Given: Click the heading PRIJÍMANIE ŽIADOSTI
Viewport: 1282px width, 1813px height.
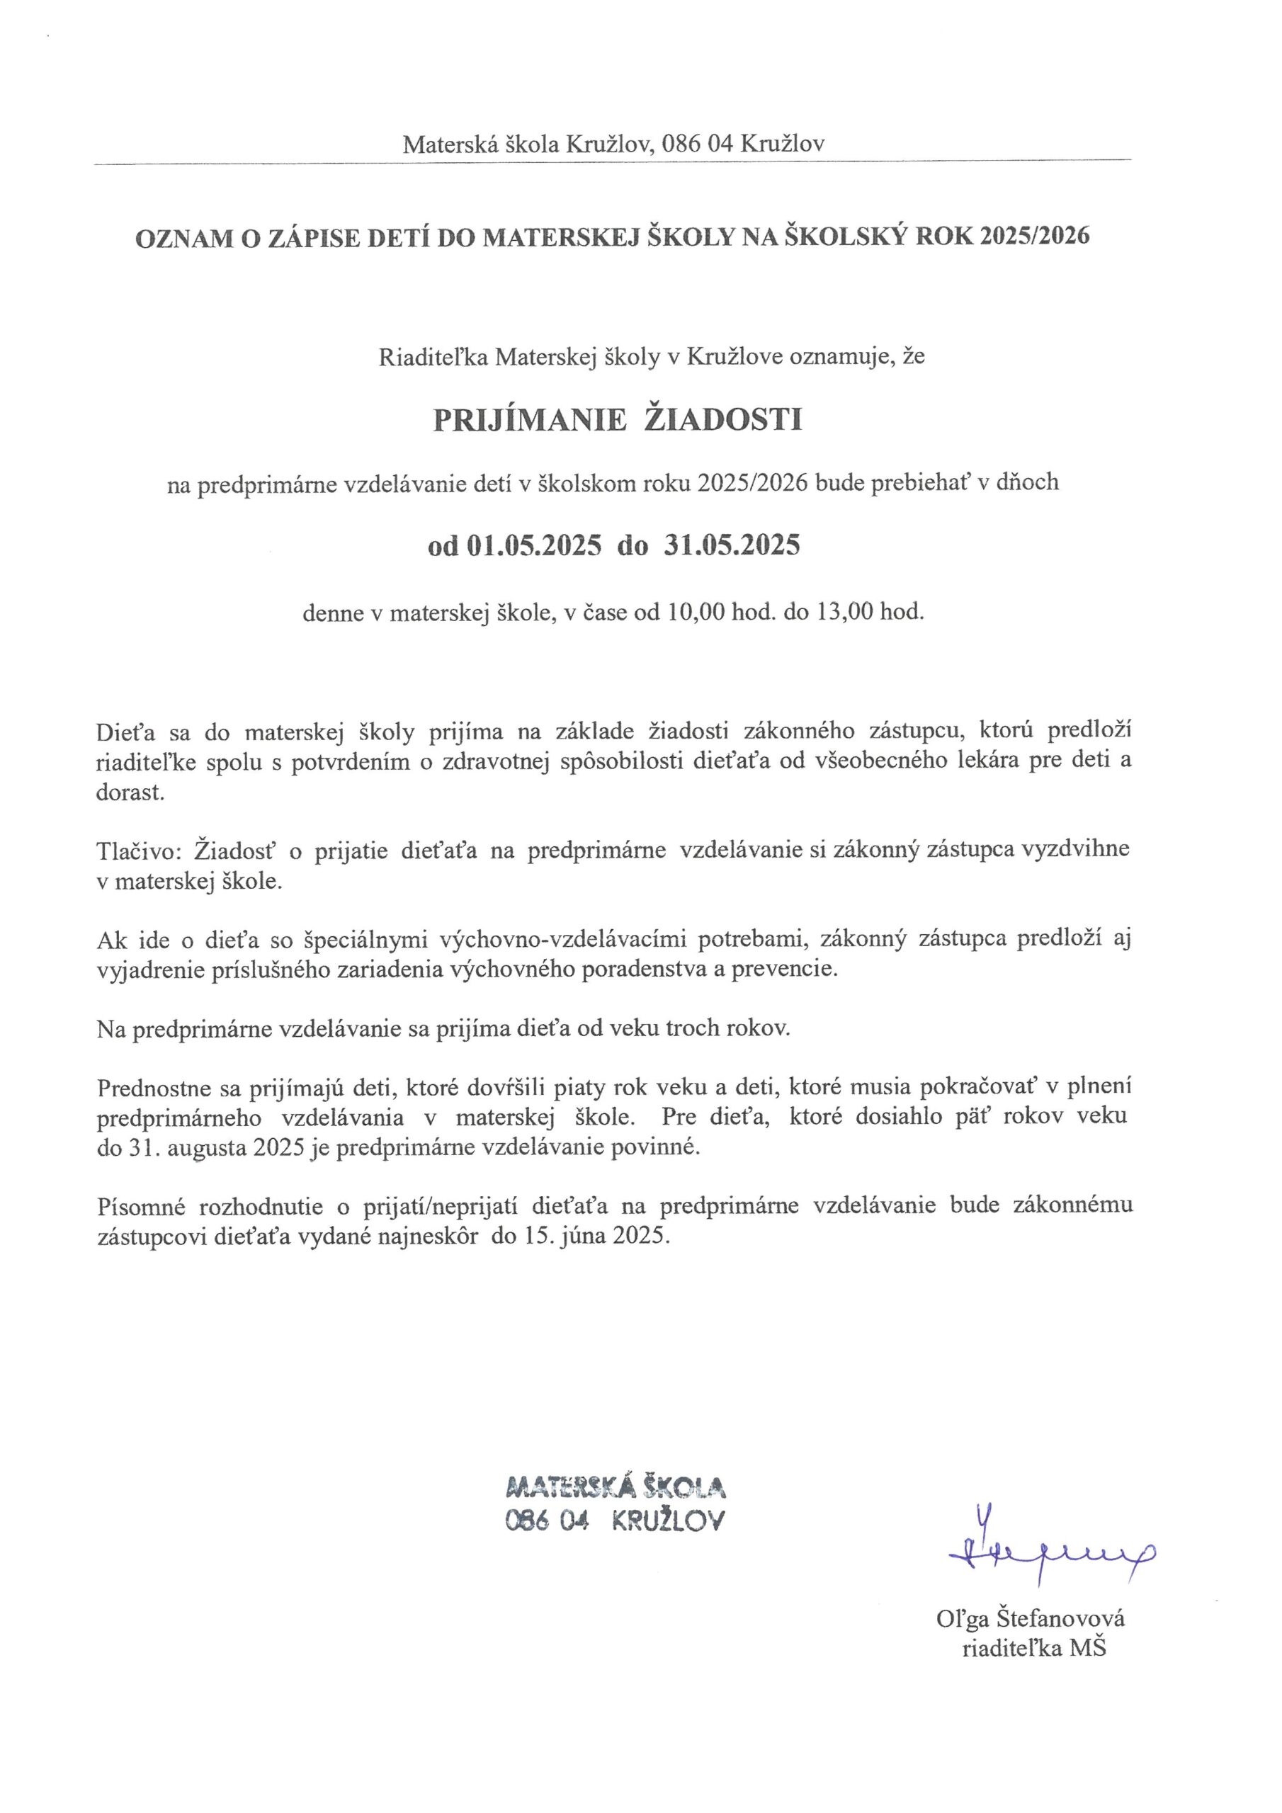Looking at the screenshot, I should (618, 420).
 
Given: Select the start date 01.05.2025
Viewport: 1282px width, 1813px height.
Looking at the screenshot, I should (534, 545).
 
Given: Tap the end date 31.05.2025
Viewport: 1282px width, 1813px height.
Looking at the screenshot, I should (732, 545).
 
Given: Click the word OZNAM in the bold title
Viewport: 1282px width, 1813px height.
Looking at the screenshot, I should (183, 238).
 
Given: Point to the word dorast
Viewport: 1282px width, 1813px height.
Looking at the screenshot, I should (130, 792).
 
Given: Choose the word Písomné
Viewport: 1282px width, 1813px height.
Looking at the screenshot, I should (141, 1206).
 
